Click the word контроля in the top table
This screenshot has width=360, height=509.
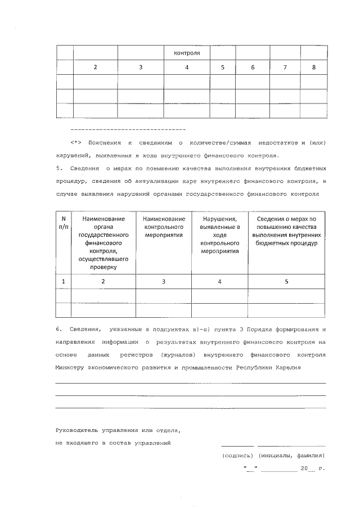(x=187, y=53)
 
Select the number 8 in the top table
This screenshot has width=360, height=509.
(x=314, y=67)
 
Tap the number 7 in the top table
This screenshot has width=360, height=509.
(x=285, y=67)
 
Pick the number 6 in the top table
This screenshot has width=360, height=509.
(x=253, y=67)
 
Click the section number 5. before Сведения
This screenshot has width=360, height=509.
(x=58, y=168)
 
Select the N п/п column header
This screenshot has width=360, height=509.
(x=64, y=222)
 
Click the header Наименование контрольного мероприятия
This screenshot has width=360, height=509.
(x=164, y=227)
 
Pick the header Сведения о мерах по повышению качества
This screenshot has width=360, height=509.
(x=286, y=231)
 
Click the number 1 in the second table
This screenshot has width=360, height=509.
(x=64, y=281)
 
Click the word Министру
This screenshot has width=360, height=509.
(x=70, y=368)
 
